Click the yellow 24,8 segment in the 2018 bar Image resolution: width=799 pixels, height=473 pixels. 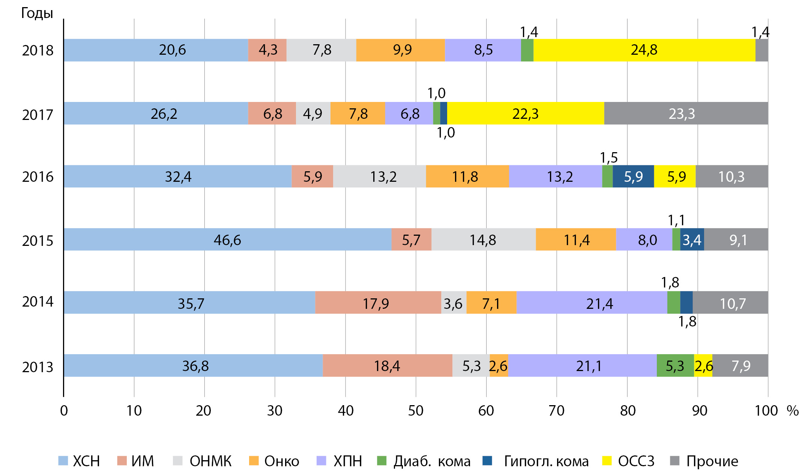(644, 50)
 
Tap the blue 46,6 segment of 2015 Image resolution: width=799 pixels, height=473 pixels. (227, 239)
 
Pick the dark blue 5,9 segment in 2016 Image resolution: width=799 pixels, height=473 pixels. (633, 177)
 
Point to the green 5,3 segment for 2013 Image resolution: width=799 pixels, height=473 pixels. (675, 366)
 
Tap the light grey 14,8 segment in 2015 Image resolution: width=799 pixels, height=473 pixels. (483, 239)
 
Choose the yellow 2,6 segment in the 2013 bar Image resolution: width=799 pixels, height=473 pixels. (703, 366)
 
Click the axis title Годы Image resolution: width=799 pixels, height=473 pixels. (37, 13)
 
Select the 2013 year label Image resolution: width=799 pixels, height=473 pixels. (38, 367)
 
